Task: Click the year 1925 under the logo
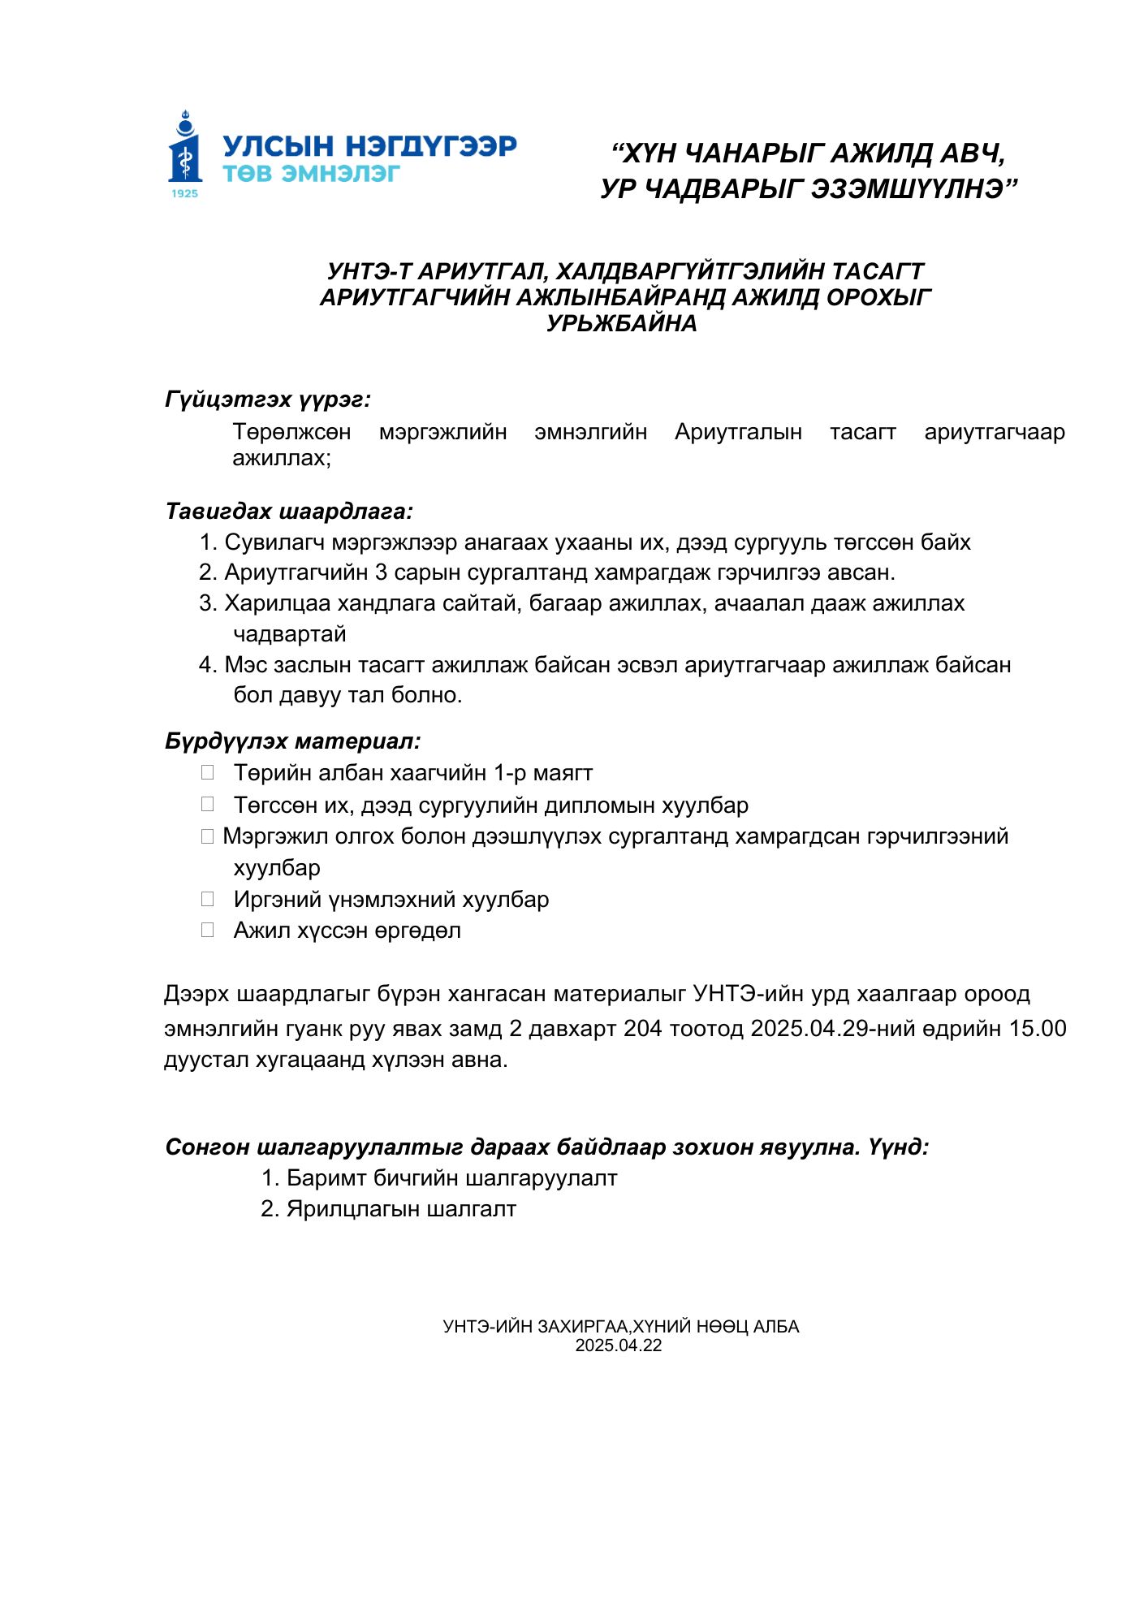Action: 185,193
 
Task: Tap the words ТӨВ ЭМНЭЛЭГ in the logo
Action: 311,174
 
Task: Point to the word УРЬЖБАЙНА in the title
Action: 622,323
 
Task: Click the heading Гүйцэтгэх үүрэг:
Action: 268,400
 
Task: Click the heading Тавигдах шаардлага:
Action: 289,512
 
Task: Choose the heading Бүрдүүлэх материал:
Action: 293,741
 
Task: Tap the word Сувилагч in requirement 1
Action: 274,542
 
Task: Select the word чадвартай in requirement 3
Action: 290,633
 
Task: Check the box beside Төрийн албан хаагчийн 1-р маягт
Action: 208,772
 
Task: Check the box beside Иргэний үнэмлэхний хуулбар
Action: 208,899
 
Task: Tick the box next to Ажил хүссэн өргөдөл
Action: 208,930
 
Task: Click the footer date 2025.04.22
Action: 619,1345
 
